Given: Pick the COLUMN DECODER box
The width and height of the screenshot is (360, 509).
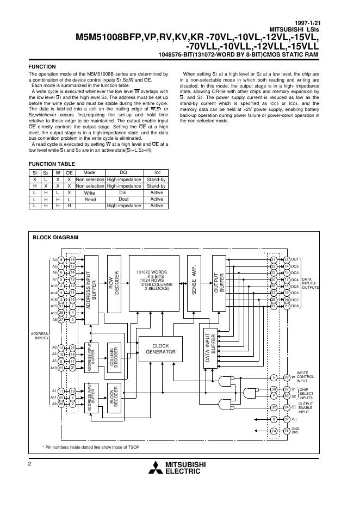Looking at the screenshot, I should [x=114, y=358].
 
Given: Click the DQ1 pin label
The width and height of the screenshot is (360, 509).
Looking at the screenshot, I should [x=295, y=259].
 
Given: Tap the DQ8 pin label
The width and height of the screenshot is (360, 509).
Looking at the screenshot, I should [x=295, y=307].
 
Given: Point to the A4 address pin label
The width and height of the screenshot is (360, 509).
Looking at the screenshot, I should [x=54, y=260].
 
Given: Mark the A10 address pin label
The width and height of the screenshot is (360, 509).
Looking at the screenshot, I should [x=54, y=368].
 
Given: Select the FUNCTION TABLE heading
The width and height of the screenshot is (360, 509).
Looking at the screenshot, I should [x=52, y=164].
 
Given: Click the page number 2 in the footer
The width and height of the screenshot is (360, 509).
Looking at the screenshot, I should [x=30, y=462].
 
